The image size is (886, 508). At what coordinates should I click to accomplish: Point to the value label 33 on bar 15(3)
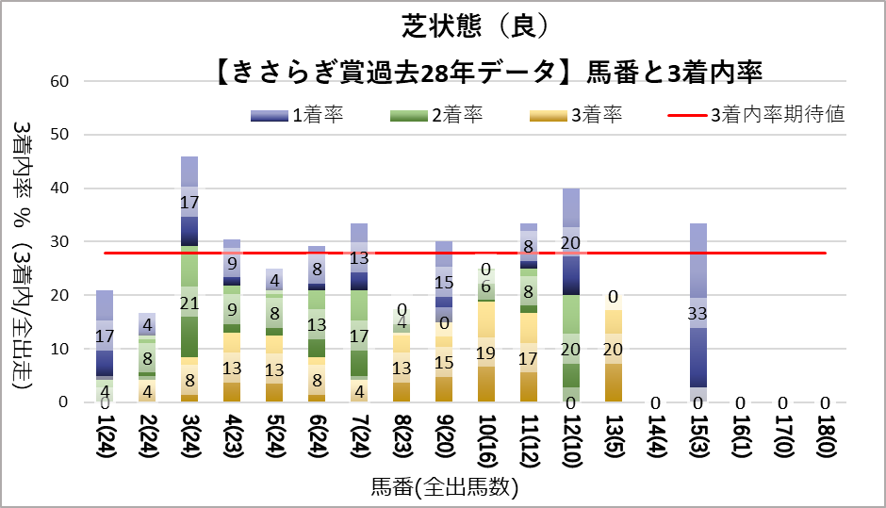(698, 313)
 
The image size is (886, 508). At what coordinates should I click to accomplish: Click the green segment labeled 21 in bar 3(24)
(189, 302)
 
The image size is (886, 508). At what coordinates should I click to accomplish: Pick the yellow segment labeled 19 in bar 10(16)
(486, 352)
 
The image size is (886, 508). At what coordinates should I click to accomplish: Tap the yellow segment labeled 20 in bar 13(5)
(614, 349)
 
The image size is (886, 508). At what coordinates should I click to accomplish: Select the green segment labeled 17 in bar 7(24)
(359, 335)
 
